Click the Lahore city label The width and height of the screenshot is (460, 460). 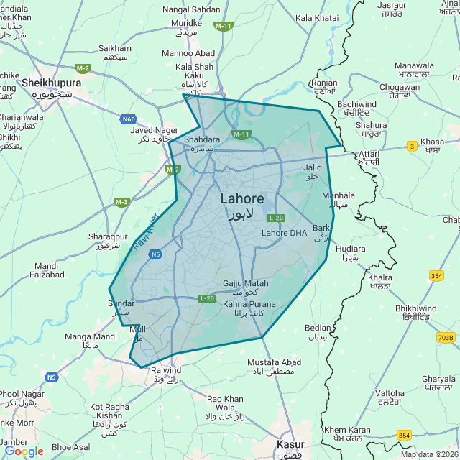(x=241, y=199)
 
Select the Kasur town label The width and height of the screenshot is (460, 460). (x=291, y=445)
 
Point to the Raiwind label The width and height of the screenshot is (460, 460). (x=167, y=370)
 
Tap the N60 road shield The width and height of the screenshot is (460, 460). (x=129, y=119)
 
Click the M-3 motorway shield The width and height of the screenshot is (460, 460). (x=121, y=202)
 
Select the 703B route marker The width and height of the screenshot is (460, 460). (x=446, y=337)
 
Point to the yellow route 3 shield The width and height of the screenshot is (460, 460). (x=412, y=146)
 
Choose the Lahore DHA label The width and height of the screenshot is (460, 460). (x=284, y=233)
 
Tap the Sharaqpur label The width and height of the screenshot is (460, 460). (x=107, y=236)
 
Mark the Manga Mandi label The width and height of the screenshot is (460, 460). (x=91, y=336)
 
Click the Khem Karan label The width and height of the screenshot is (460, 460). (x=346, y=430)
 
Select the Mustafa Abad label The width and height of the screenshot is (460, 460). (x=275, y=362)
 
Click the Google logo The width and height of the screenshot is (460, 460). (x=24, y=451)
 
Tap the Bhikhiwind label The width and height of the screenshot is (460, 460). (x=415, y=308)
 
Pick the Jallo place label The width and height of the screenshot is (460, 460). (x=313, y=167)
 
